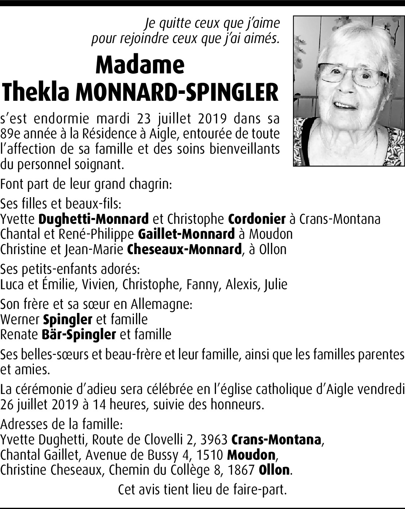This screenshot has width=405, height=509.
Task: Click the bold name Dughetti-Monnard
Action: click(x=93, y=219)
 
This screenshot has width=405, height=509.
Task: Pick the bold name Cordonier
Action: click(x=257, y=219)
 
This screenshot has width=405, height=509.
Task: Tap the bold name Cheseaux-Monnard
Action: click(x=185, y=249)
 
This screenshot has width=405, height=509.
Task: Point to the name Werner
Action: click(x=20, y=319)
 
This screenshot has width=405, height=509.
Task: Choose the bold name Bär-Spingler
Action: click(x=79, y=334)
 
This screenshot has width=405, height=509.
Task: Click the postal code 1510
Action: click(x=209, y=455)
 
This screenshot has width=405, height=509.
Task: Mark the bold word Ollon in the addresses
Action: click(x=274, y=470)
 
